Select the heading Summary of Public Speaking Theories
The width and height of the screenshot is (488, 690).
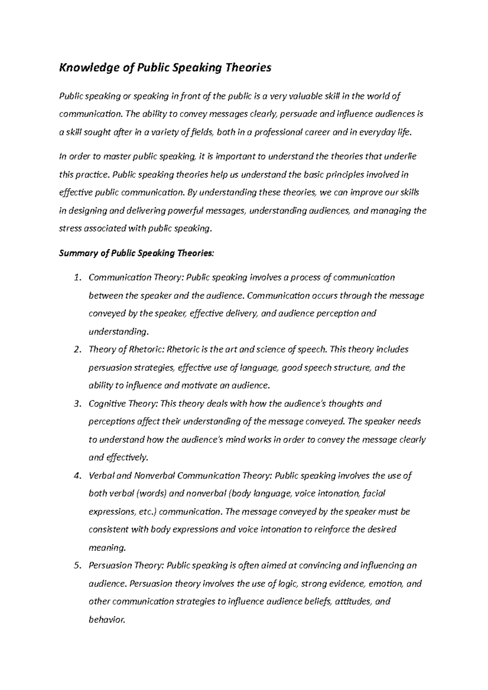coord(136,253)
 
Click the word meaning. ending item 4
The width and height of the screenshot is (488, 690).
coord(107,548)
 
